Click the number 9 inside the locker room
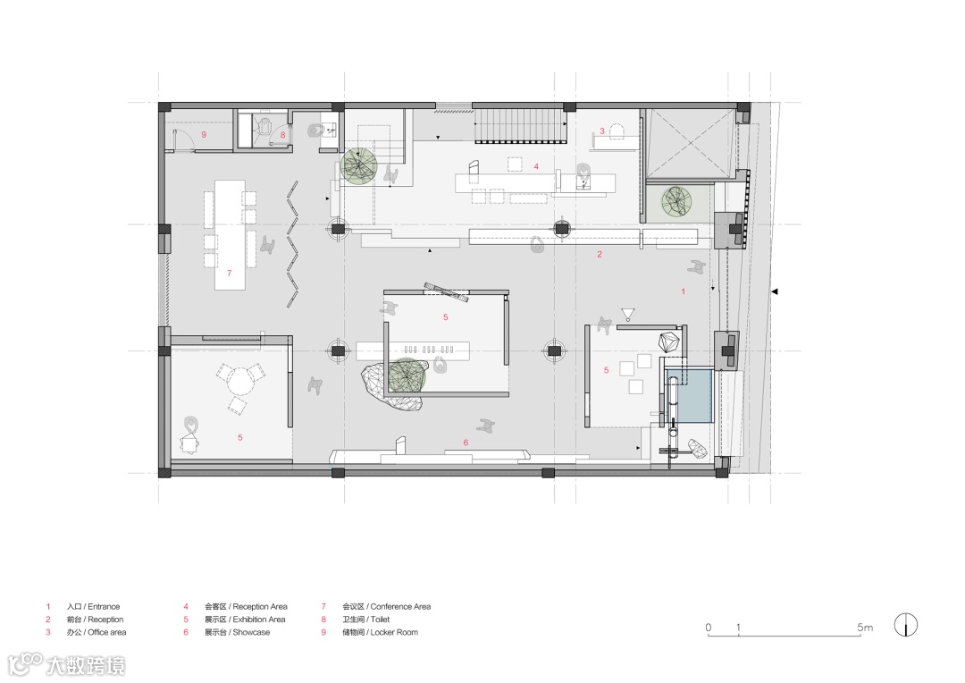point(204,134)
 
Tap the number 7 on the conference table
point(229,273)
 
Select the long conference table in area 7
point(230,234)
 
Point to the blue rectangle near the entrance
point(689,395)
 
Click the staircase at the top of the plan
point(521,125)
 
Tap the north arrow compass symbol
point(906,625)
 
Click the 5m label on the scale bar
point(865,627)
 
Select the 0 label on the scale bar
point(709,627)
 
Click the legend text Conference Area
point(400,607)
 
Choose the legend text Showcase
point(251,632)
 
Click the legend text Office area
point(107,632)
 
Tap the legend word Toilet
point(381,620)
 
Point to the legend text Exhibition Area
point(259,620)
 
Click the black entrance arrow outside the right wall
point(775,291)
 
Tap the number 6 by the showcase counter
point(466,443)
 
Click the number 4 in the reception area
point(536,166)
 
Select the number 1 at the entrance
point(684,291)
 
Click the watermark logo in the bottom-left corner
point(66,665)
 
